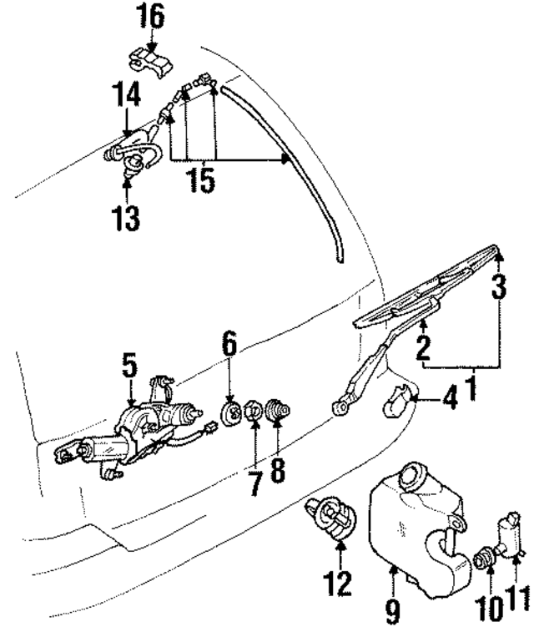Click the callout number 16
pos(152,15)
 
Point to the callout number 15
pos(200,181)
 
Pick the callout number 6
pos(229,342)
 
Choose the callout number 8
pos(277,469)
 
